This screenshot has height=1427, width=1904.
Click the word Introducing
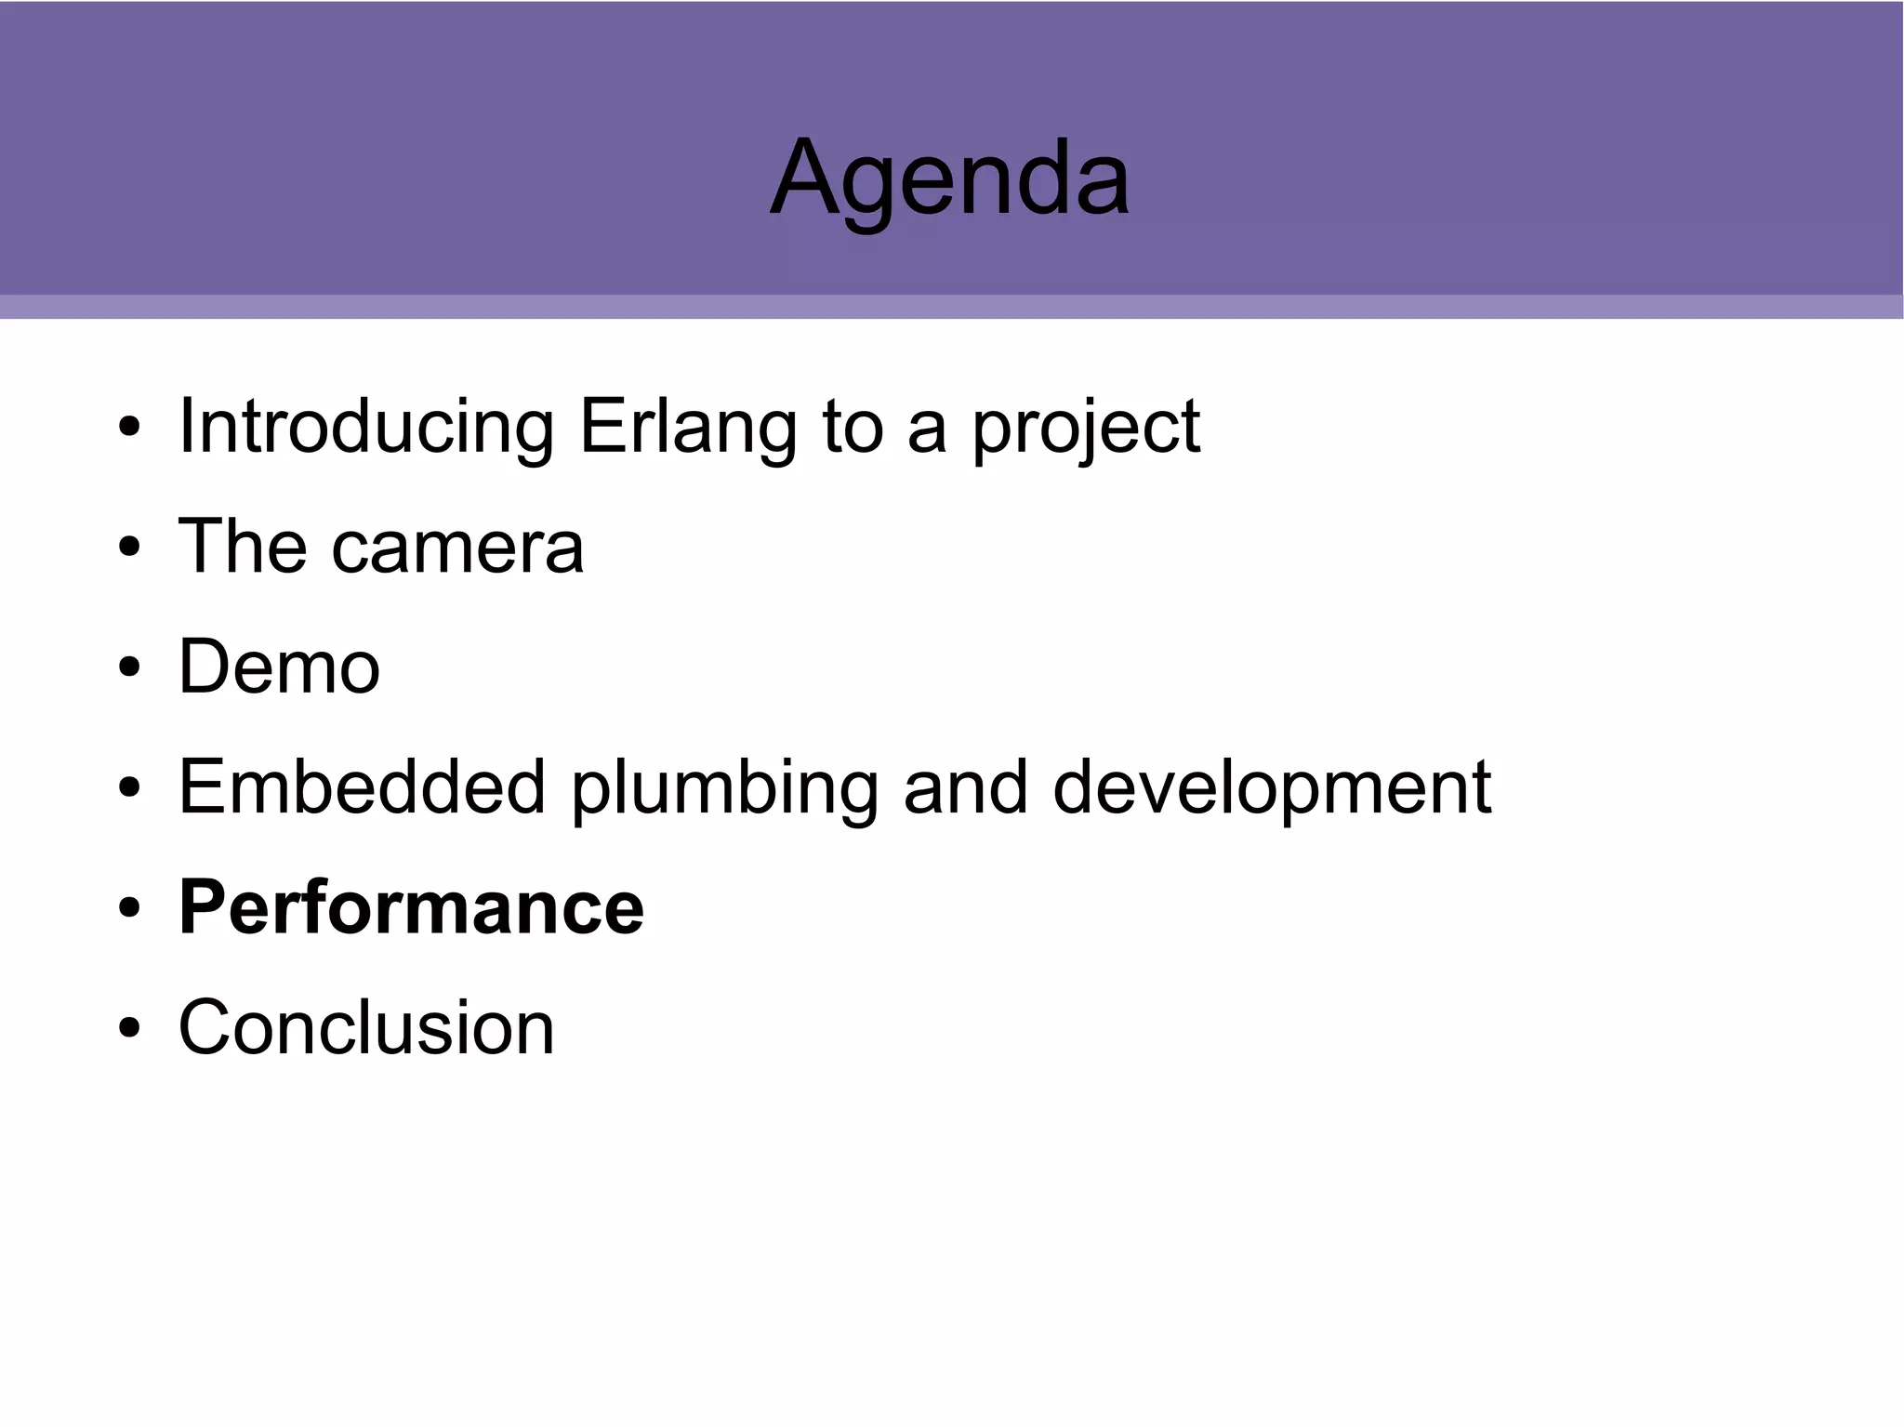click(366, 427)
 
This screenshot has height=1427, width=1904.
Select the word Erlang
click(687, 427)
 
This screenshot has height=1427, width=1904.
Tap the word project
click(1086, 427)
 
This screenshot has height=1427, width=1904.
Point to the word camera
click(457, 547)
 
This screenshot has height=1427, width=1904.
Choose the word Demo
click(279, 667)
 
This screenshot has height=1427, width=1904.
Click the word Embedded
click(362, 787)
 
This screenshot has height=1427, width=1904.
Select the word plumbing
click(724, 787)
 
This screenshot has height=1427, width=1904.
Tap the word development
click(1272, 787)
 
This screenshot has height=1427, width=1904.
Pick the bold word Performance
click(411, 907)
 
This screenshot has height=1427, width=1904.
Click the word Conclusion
click(366, 1027)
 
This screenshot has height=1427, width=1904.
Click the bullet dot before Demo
click(129, 667)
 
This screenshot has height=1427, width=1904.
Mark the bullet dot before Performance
click(129, 908)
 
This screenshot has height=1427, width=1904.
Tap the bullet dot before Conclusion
click(129, 1028)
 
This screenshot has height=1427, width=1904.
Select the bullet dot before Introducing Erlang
click(129, 428)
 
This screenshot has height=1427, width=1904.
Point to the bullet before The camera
click(129, 548)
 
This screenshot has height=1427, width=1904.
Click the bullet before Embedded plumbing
click(129, 788)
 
